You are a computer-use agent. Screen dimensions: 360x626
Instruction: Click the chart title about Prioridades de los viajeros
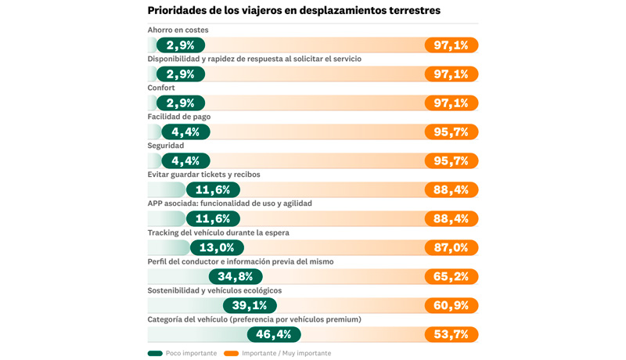[x=293, y=11]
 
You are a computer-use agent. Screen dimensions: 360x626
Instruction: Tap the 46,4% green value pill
[x=274, y=334]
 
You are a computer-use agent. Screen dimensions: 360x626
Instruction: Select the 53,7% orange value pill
[x=452, y=334]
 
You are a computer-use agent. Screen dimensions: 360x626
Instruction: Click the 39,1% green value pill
[x=250, y=305]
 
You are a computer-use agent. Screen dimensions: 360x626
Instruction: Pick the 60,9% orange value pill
[x=452, y=305]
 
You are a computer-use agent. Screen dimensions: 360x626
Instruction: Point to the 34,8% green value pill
[x=236, y=276]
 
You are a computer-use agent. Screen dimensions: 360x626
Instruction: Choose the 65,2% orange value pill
[x=452, y=276]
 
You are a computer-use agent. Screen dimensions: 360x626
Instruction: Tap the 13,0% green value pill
[x=217, y=247]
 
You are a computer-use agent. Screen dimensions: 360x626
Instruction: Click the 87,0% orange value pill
[x=452, y=247]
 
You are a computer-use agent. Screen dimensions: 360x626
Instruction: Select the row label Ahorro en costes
[x=178, y=31]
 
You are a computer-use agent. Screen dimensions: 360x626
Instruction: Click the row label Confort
[x=161, y=88]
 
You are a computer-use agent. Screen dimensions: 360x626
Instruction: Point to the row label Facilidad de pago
[x=178, y=117]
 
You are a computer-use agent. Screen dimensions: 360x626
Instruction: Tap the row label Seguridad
[x=166, y=146]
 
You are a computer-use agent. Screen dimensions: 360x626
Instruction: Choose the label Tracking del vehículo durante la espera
[x=218, y=232]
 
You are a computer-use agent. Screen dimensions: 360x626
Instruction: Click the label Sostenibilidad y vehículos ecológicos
[x=214, y=290]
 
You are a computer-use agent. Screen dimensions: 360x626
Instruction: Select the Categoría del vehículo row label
[x=254, y=319]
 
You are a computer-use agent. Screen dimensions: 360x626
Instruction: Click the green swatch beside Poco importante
[x=155, y=353]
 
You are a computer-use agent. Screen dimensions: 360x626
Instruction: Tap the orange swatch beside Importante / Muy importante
[x=231, y=353]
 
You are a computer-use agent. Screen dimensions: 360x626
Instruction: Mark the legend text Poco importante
[x=191, y=353]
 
